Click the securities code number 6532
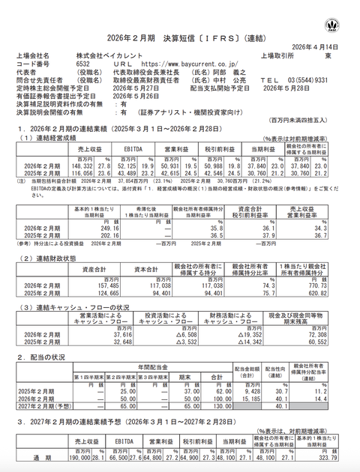[x=84, y=64]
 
